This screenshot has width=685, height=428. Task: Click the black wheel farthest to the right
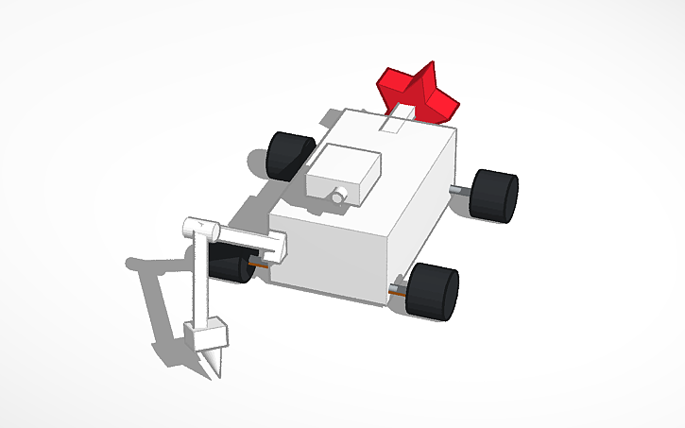(x=494, y=196)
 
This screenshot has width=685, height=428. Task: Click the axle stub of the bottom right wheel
(x=401, y=284)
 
